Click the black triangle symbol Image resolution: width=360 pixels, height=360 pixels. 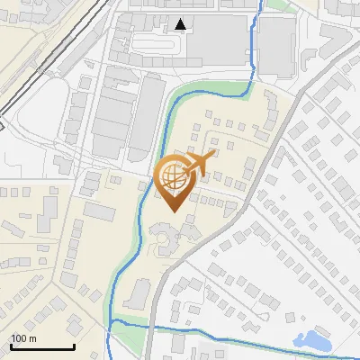(x=182, y=24)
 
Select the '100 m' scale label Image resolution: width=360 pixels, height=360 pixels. (x=23, y=338)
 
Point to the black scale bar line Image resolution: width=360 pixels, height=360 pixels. (x=42, y=347)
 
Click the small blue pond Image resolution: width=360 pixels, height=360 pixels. (x=314, y=340)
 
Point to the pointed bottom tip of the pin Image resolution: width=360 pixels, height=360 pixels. (x=174, y=211)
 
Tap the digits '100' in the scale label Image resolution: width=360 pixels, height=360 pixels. (x=19, y=338)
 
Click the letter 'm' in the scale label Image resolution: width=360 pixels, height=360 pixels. (x=32, y=338)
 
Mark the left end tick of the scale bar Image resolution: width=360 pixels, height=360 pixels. (x=11, y=346)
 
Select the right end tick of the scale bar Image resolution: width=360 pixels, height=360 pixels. (x=74, y=346)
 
